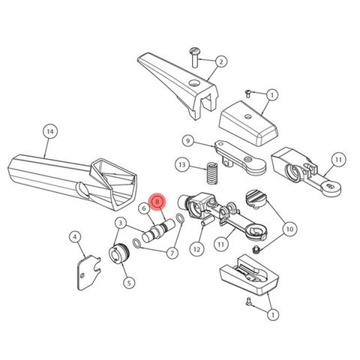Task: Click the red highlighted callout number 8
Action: coord(157,201)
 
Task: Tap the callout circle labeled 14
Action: coord(49,132)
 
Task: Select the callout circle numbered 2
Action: coord(222,61)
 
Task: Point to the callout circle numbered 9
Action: coord(188,139)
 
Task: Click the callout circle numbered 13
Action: coord(181,164)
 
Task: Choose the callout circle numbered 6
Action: coord(142,208)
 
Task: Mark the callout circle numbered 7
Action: coord(172,253)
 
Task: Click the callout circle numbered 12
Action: coord(196,248)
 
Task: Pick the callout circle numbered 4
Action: coord(76,238)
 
